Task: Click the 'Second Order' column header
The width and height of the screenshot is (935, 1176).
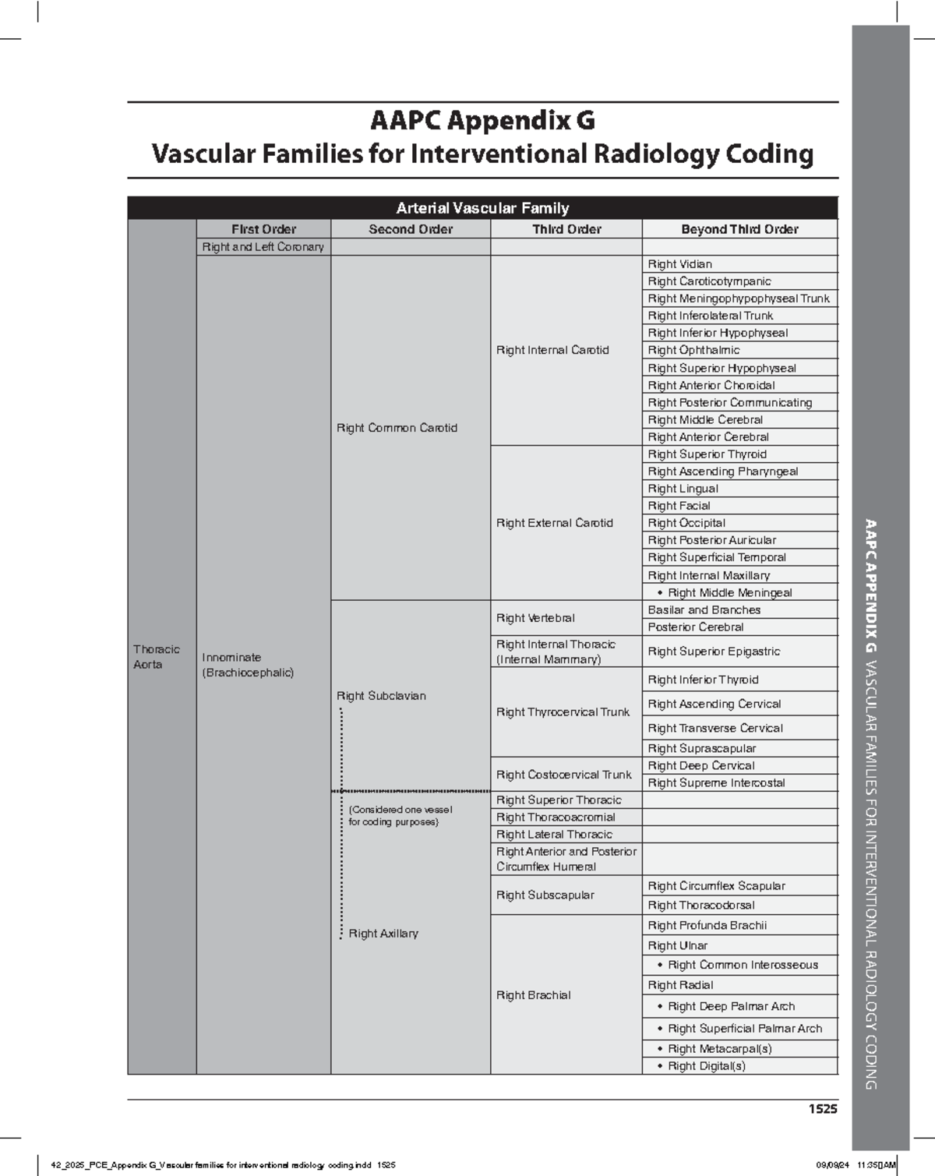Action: tap(411, 229)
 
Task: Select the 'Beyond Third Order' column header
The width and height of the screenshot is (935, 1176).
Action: tap(739, 229)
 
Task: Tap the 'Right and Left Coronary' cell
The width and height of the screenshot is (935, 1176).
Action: tap(263, 247)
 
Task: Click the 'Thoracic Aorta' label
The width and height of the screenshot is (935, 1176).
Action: tap(156, 657)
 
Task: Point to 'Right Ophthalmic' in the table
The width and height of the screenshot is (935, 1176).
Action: tap(693, 351)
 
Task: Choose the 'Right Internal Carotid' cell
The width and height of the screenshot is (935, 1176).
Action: tap(552, 351)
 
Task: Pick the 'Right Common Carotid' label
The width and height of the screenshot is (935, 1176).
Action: tap(397, 428)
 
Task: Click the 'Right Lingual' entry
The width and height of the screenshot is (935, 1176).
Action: tap(683, 489)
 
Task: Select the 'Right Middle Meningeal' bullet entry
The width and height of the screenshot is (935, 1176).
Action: tap(729, 592)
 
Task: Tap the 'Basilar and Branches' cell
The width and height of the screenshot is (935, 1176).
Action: tap(704, 610)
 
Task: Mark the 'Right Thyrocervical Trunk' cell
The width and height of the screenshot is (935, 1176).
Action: tap(563, 712)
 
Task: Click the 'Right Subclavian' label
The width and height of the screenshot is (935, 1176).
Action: tap(381, 696)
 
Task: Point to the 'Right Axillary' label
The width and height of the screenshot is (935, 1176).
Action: tap(383, 934)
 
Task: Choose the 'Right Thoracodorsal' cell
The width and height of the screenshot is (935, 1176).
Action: tap(701, 906)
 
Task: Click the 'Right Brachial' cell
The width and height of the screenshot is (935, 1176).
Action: tap(533, 995)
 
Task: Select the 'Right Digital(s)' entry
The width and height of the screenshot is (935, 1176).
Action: tap(706, 1066)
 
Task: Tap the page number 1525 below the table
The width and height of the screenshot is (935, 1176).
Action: tap(822, 1109)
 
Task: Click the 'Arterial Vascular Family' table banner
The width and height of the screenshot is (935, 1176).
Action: tap(482, 208)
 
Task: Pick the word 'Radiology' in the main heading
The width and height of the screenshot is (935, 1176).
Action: tap(656, 154)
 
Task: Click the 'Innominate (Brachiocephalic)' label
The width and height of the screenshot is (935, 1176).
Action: tap(247, 665)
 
